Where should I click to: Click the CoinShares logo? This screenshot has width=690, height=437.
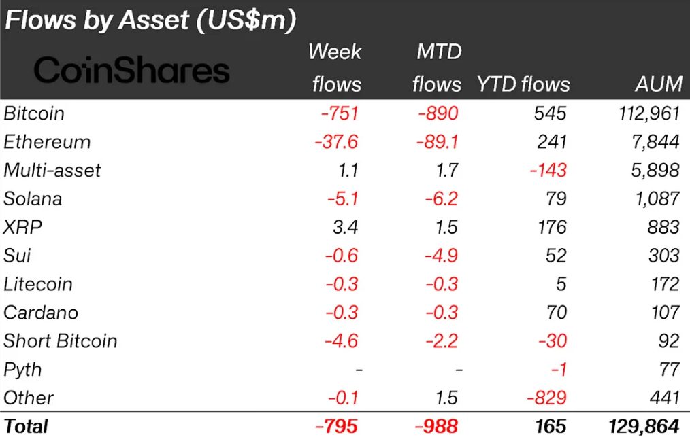[x=131, y=70]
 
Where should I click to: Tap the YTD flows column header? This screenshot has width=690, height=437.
[x=523, y=84]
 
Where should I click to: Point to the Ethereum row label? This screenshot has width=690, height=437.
[x=47, y=142]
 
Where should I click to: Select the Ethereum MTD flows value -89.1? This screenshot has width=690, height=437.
[x=436, y=142]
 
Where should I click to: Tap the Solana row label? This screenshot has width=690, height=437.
[x=33, y=198]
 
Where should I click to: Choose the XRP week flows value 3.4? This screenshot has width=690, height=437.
[x=346, y=227]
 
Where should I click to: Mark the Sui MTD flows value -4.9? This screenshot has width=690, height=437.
[x=442, y=256]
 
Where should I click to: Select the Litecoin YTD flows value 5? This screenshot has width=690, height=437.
[x=560, y=284]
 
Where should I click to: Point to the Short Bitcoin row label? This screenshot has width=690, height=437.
[x=61, y=341]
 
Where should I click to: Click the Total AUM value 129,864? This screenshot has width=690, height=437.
[x=641, y=426]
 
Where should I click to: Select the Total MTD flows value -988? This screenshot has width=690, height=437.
[x=436, y=426]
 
